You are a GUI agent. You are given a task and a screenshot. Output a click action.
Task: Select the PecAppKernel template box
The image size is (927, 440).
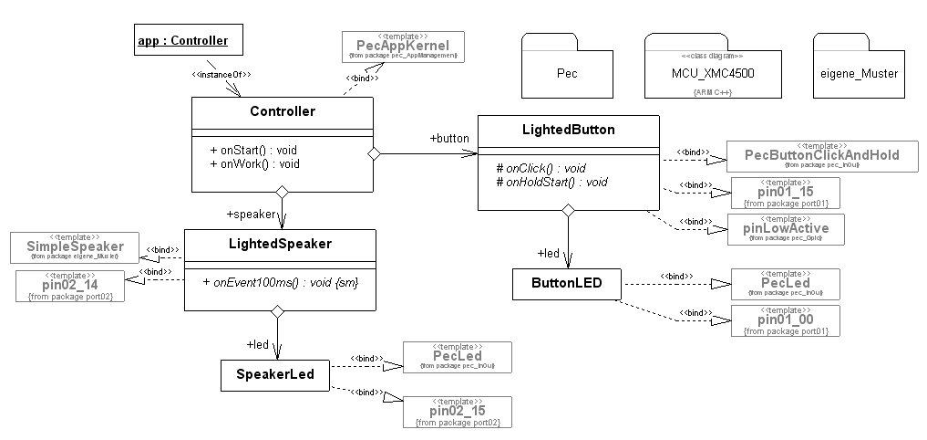coord(402,47)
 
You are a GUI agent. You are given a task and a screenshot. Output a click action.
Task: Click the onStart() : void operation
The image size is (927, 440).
coord(253,150)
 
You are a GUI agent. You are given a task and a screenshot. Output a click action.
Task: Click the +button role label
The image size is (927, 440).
coord(448,138)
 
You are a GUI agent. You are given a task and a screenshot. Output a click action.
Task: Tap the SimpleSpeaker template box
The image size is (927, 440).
coord(75,247)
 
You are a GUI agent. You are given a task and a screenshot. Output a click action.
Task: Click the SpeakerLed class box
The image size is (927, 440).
coord(274,375)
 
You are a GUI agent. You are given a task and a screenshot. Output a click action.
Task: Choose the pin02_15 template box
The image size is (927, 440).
coord(457,413)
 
